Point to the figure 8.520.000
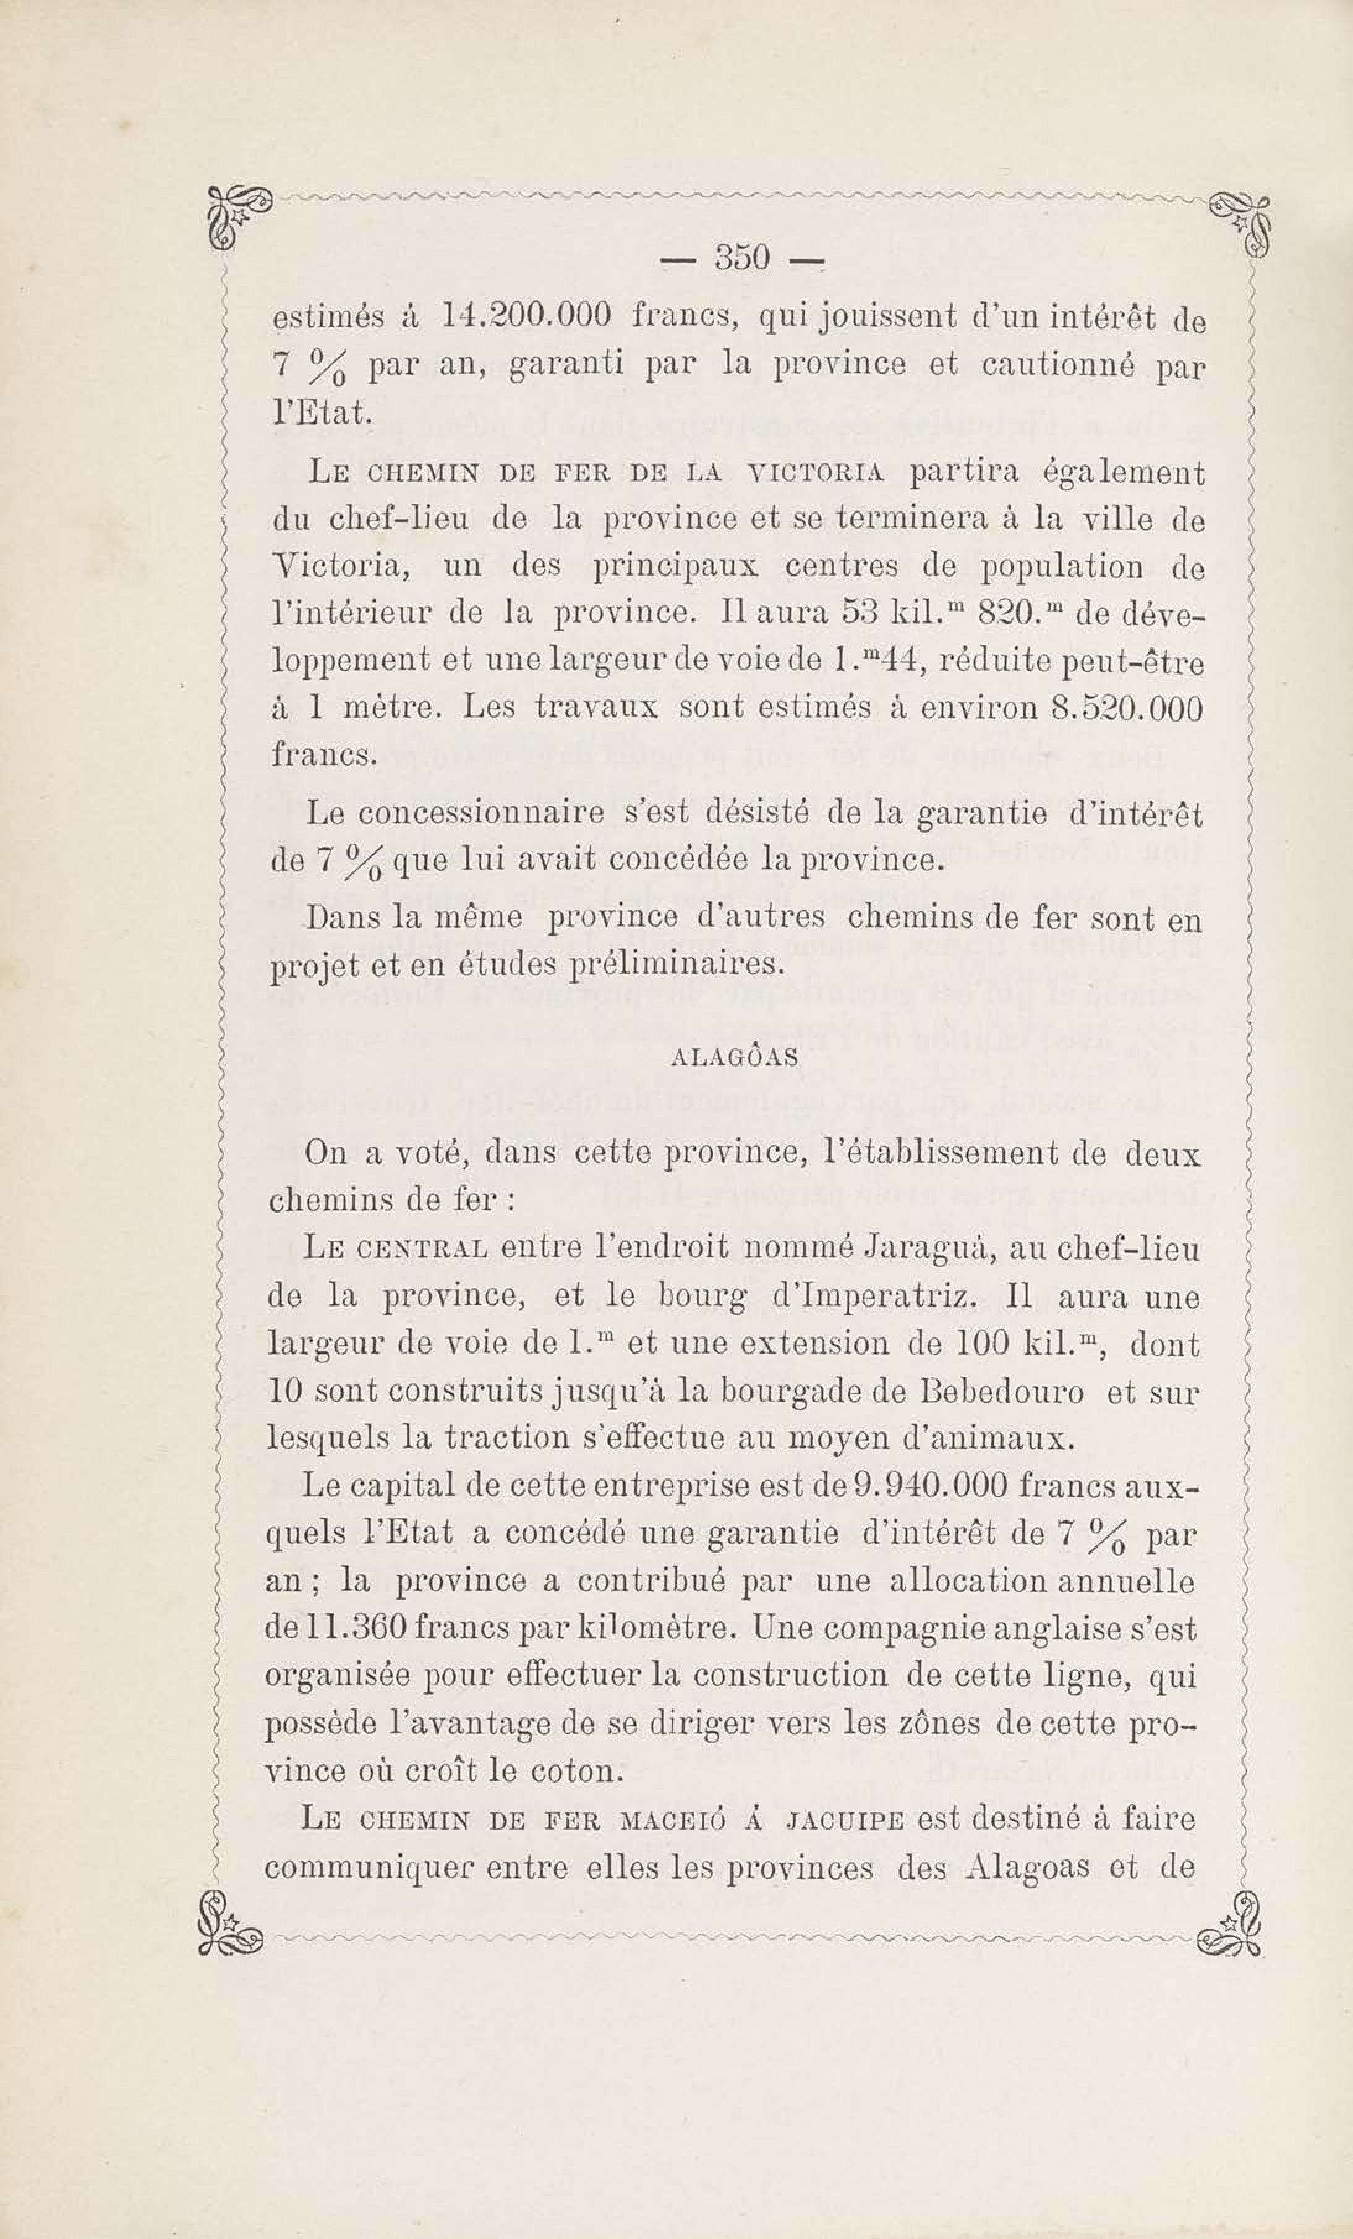(1126, 708)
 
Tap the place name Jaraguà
(927, 1248)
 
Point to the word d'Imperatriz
(874, 1297)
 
